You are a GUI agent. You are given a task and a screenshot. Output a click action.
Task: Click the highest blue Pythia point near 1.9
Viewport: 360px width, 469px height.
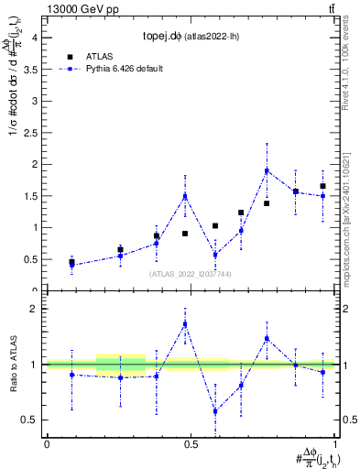267,170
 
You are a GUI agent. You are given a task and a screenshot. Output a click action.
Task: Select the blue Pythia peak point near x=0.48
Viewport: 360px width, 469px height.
185,195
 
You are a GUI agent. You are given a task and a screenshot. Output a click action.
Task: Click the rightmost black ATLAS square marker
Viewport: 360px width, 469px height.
322,186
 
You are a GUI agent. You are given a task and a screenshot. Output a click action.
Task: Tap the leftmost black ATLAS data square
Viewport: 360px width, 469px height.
71,262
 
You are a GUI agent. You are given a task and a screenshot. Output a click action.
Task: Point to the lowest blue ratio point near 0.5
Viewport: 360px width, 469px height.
215,411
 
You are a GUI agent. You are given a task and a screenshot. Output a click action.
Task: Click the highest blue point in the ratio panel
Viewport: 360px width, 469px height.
185,323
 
